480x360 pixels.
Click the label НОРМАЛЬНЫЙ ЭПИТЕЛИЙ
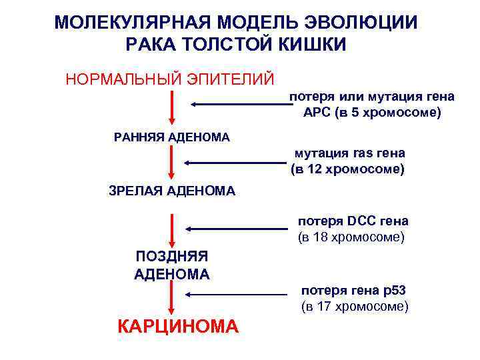[169, 79]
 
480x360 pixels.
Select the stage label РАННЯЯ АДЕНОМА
[172, 137]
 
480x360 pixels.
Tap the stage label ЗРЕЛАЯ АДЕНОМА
[172, 191]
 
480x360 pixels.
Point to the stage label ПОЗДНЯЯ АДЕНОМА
[172, 265]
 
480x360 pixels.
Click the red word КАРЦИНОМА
[177, 327]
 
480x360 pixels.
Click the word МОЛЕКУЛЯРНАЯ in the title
[136, 23]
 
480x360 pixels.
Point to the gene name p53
[391, 291]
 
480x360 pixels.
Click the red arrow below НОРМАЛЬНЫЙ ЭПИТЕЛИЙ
[173, 107]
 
